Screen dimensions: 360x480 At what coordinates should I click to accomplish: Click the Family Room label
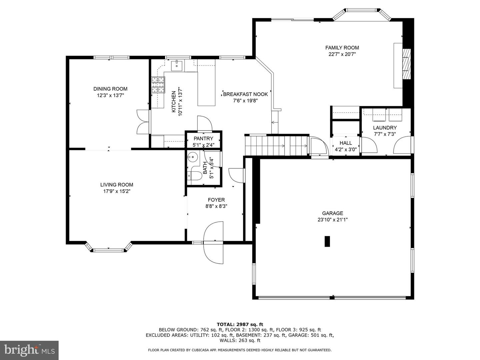click(x=342, y=48)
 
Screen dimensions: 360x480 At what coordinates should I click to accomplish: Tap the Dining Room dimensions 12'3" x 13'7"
click(x=110, y=95)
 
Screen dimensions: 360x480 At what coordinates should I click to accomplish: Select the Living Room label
click(x=117, y=185)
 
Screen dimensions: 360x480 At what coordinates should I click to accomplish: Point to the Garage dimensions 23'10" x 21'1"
click(x=333, y=220)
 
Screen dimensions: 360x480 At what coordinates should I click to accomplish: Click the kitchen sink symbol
click(x=177, y=66)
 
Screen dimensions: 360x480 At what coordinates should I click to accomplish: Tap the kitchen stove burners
click(x=158, y=85)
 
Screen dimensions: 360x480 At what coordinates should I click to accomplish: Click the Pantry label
click(x=203, y=139)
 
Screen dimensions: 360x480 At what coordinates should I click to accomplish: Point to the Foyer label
click(x=216, y=200)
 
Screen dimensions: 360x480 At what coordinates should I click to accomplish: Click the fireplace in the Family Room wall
click(x=406, y=64)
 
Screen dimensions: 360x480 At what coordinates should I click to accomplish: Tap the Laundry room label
click(x=385, y=128)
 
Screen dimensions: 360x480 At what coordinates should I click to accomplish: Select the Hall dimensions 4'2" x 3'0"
click(x=346, y=150)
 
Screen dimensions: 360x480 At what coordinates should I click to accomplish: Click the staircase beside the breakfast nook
click(x=276, y=145)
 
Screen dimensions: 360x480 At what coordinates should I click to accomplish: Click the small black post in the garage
click(x=327, y=241)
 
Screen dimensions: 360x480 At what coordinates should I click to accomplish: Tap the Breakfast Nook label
click(x=245, y=94)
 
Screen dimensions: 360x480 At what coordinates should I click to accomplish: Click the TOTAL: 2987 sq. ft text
click(x=240, y=324)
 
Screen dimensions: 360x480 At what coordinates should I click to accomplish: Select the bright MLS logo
click(x=29, y=350)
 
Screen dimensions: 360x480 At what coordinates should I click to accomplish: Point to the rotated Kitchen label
click(x=174, y=102)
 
